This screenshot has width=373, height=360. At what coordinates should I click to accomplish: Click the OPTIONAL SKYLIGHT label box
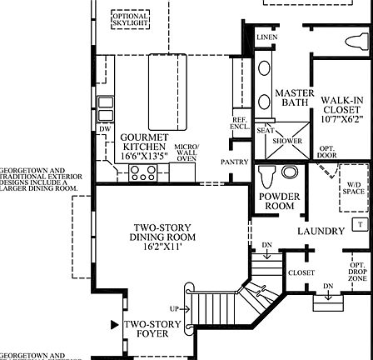tap(130, 20)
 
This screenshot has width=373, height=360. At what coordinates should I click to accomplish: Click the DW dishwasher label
tap(105, 129)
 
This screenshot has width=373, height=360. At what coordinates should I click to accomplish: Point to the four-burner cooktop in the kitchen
tap(142, 174)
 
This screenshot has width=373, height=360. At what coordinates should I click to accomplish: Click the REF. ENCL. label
tap(239, 124)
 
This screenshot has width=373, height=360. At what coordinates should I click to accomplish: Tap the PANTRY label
tap(234, 162)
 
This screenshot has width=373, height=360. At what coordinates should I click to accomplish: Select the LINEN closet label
tap(266, 37)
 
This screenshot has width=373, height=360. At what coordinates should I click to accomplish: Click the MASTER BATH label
tap(294, 97)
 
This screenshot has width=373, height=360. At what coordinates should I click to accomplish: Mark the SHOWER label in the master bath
tap(287, 140)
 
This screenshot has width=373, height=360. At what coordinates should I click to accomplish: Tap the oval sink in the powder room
tap(289, 172)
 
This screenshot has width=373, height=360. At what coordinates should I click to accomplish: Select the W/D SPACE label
tap(354, 187)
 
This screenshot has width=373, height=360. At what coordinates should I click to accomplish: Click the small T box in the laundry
tap(360, 224)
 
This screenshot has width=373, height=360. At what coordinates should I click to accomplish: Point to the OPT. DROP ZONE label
tap(357, 271)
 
